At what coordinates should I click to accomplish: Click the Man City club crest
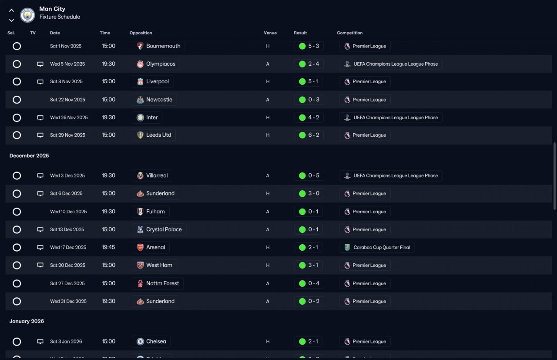27,15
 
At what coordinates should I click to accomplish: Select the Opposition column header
141,33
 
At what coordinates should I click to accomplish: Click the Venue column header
270,33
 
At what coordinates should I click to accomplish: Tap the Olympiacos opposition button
156,64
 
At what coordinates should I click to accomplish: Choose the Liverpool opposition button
152,81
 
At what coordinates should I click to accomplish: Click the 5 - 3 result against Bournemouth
309,46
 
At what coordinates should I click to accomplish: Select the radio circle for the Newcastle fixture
17,100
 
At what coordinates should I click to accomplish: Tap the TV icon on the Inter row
40,118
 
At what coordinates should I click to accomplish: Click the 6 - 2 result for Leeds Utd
309,135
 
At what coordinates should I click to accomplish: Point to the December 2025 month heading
29,156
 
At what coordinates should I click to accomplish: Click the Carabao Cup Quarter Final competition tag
377,247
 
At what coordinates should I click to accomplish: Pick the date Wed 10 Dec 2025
68,212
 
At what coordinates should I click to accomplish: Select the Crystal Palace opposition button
159,229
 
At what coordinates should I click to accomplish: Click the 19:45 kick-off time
108,247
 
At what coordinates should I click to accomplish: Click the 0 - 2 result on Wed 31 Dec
309,301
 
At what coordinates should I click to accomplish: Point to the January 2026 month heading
27,321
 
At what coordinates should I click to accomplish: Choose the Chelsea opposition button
151,342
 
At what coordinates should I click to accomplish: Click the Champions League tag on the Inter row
391,118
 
